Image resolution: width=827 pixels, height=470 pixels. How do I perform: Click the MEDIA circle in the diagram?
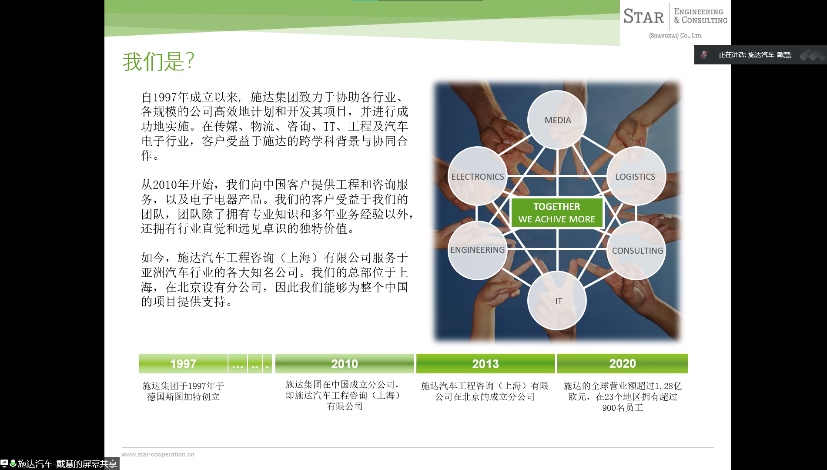[557, 120]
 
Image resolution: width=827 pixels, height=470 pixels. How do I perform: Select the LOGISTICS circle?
[636, 176]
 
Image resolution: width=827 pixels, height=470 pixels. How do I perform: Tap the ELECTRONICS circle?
[478, 176]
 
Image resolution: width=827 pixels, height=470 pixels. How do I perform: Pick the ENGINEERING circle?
[478, 250]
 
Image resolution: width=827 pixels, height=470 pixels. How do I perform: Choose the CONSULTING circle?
[636, 250]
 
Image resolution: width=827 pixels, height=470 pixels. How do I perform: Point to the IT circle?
[557, 301]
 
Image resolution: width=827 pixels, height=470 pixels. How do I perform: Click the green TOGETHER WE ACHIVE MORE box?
[557, 213]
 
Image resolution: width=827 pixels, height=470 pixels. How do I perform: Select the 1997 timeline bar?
[183, 363]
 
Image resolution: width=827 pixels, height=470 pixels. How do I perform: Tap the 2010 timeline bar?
[345, 363]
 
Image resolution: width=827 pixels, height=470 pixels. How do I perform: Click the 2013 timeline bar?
[485, 363]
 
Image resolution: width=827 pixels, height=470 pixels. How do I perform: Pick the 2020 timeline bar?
[623, 363]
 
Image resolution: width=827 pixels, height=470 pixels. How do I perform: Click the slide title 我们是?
[158, 61]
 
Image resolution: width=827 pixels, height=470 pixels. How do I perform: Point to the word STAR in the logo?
[643, 17]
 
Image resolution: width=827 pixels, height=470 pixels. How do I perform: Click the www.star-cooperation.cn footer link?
[158, 454]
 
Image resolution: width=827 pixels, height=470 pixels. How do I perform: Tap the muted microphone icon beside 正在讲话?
[704, 55]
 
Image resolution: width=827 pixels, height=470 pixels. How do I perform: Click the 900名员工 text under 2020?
[623, 408]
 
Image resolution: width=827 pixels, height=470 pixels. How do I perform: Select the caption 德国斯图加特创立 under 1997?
[184, 396]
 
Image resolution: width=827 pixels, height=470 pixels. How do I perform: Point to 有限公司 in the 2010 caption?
[345, 406]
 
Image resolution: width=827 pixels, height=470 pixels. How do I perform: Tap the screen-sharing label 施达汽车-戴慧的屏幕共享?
[67, 464]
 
